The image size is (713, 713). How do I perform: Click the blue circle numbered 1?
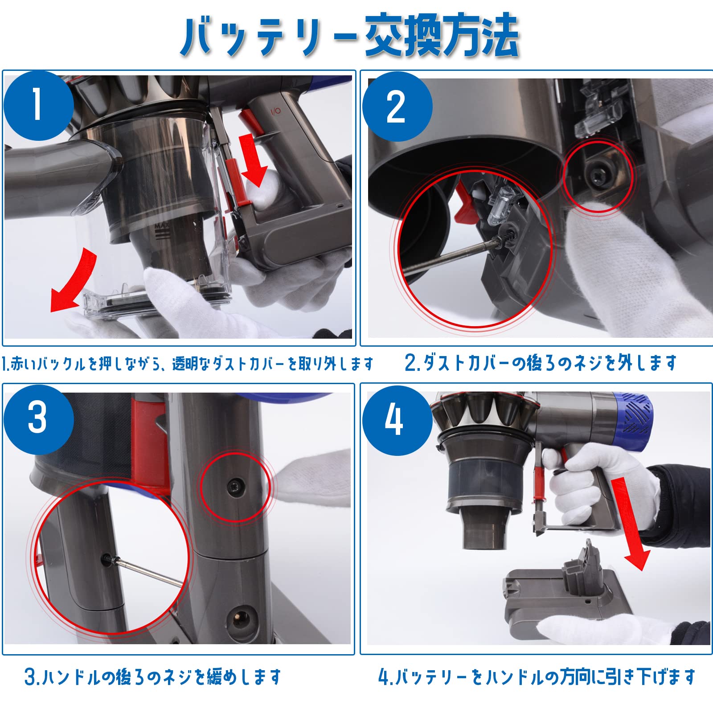[x=38, y=105]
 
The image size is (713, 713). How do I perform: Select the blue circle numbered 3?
[x=38, y=419]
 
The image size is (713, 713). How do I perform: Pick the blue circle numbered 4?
[x=397, y=420]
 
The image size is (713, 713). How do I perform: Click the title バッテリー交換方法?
[x=350, y=36]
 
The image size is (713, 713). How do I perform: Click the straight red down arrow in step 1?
[x=253, y=160]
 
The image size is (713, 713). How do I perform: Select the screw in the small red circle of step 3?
[x=235, y=487]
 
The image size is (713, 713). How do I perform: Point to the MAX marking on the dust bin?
[x=162, y=229]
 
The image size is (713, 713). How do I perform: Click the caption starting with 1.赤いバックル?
[x=187, y=364]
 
